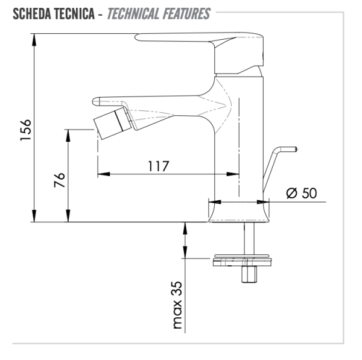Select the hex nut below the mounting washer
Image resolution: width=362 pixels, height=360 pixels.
tap(247, 274)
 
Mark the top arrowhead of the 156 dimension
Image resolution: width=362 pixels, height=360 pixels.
tap(34, 37)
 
